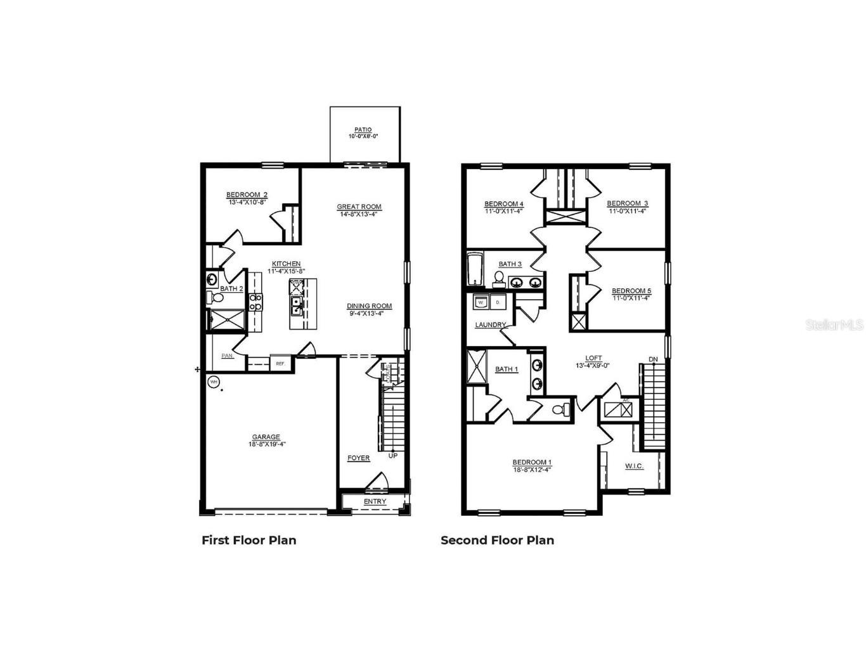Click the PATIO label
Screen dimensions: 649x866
tap(363, 130)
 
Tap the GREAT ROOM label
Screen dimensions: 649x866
tap(359, 207)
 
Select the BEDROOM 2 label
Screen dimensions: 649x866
tap(247, 195)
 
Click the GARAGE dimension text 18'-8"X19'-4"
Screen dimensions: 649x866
tap(266, 444)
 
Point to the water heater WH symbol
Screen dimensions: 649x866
tap(214, 382)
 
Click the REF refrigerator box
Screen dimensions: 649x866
tap(280, 363)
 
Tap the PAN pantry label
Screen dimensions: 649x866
tap(227, 356)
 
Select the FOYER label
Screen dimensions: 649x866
tap(358, 458)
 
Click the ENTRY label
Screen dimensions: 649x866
tap(375, 502)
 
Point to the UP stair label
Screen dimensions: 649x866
tap(393, 456)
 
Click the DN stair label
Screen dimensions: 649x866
tap(653, 360)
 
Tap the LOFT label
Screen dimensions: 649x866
tap(593, 359)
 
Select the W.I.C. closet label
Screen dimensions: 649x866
tap(634, 466)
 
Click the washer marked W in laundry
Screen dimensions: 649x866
tap(481, 302)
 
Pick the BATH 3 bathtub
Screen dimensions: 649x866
tap(475, 269)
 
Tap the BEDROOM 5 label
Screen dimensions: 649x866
tap(631, 292)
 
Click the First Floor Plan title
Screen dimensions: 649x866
tap(249, 540)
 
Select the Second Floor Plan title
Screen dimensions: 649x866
tap(497, 540)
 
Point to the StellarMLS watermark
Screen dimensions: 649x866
tap(834, 324)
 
